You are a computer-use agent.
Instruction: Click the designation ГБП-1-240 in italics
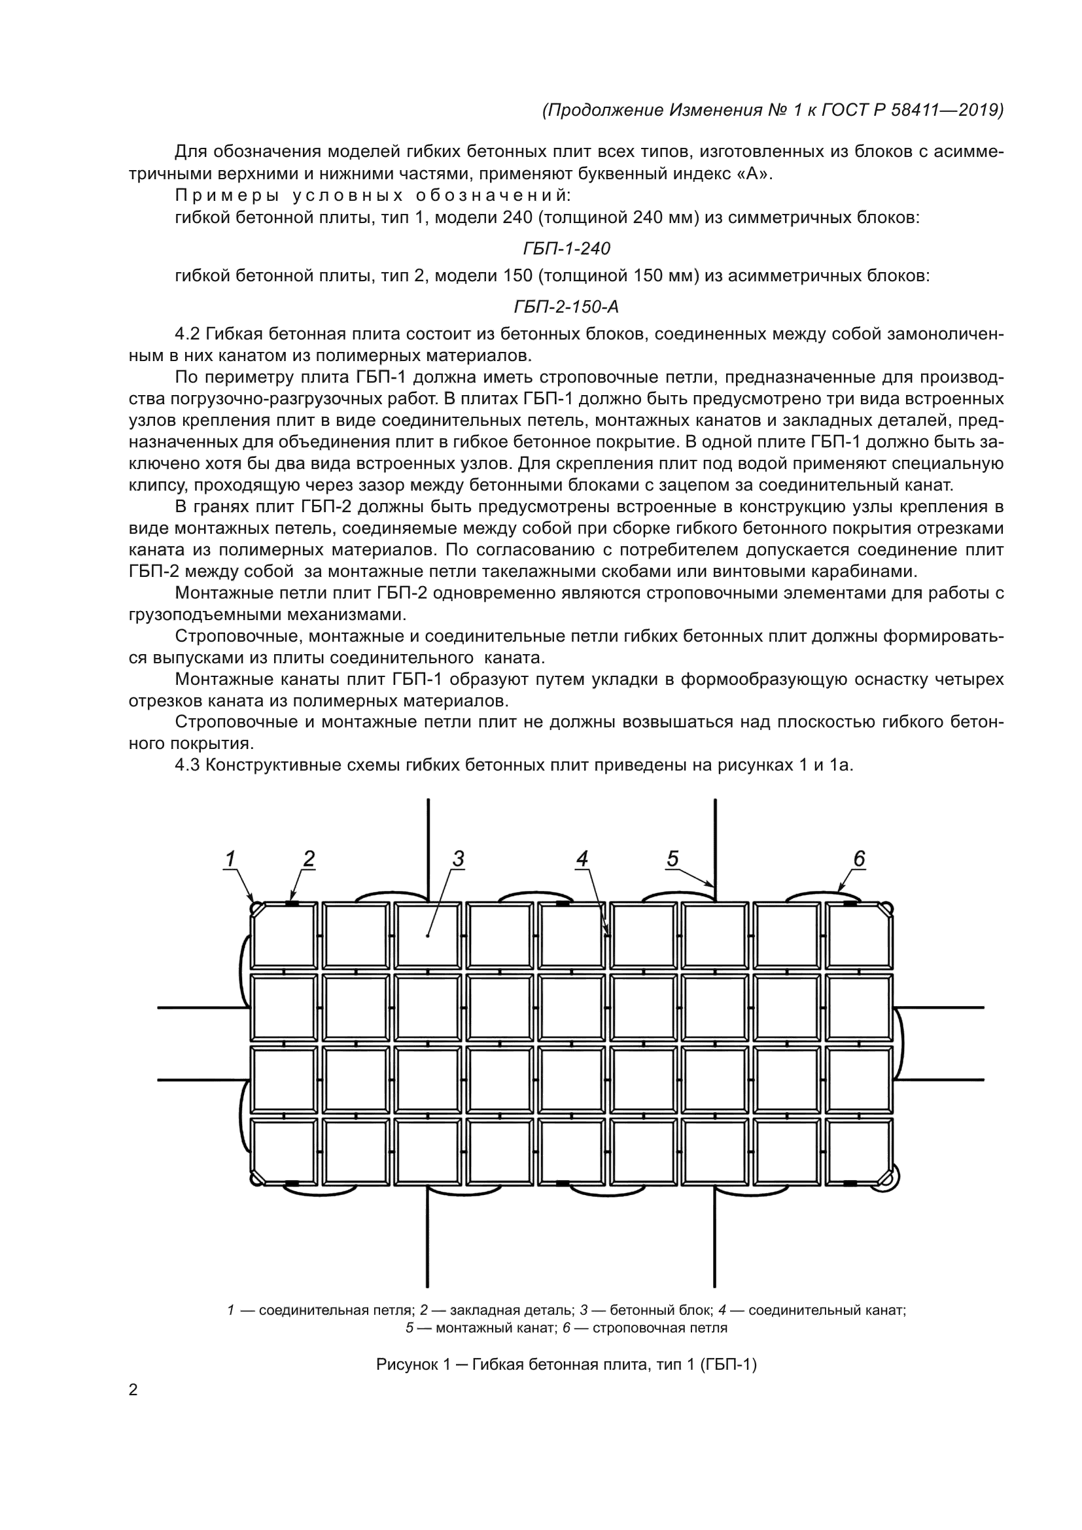coord(567,249)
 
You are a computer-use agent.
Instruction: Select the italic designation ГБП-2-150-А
coord(567,307)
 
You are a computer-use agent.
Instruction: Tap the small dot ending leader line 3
coord(428,935)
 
